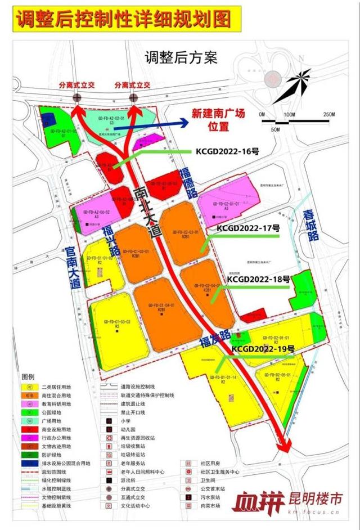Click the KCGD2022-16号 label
point(227,151)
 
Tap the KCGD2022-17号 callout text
point(248,228)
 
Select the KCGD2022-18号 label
point(258,279)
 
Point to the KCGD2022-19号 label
point(263,349)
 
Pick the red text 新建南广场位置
point(218,119)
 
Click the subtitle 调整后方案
point(181,57)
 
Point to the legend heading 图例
point(28,376)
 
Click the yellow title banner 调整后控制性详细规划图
point(124,19)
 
